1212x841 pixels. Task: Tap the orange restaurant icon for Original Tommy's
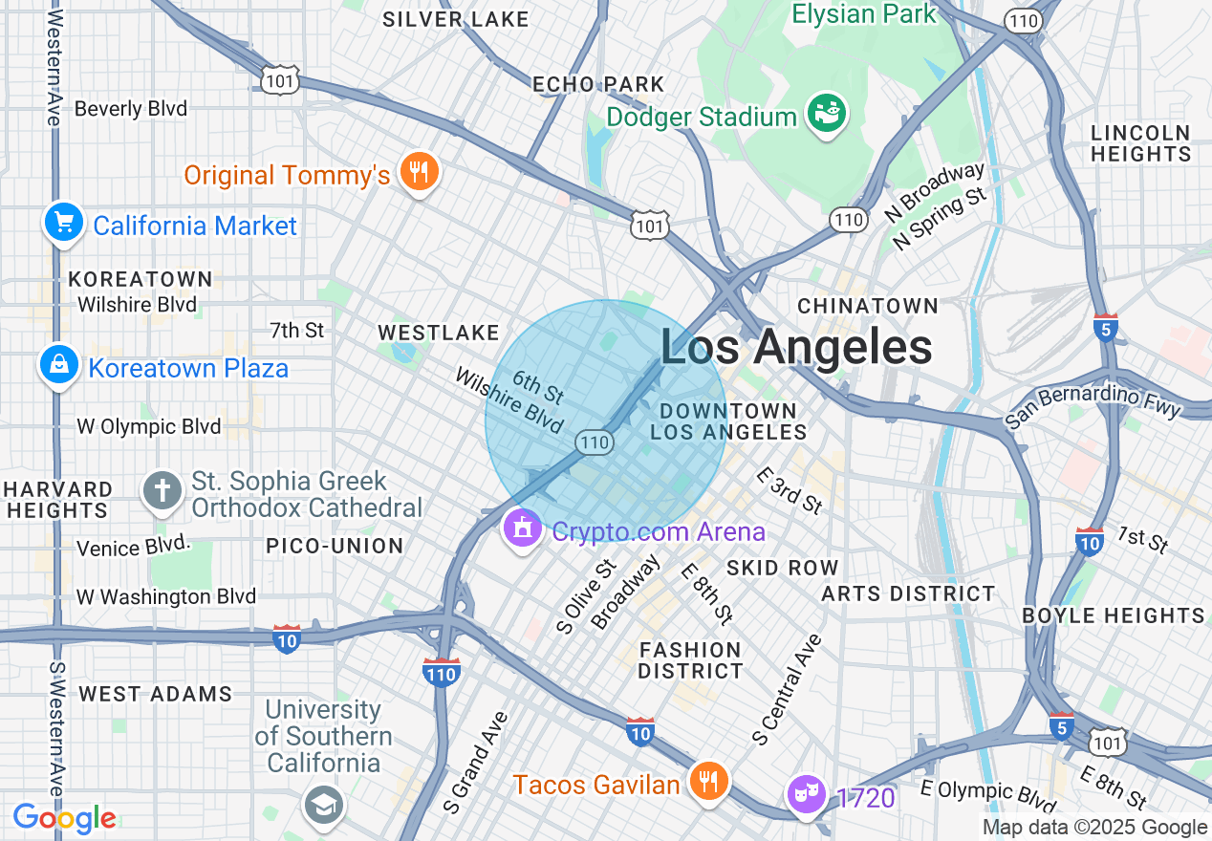(x=418, y=172)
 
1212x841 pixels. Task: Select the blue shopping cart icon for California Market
(x=64, y=223)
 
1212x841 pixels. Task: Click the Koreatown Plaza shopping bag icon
(x=59, y=365)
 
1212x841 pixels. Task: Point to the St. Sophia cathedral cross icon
(x=162, y=492)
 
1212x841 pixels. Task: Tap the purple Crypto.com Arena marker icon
(x=522, y=528)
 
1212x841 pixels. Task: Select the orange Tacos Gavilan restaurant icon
(x=707, y=782)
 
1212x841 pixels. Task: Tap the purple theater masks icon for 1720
(x=806, y=793)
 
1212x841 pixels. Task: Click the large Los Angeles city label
(x=796, y=348)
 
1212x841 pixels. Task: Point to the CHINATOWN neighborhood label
(x=868, y=306)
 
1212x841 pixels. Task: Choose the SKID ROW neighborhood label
(x=782, y=568)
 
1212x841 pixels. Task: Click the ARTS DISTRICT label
(x=908, y=593)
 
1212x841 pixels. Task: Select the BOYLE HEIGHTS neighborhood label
(x=1114, y=615)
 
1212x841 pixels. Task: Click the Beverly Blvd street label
(x=131, y=109)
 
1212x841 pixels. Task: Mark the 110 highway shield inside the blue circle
(x=594, y=442)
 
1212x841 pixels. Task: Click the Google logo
(x=64, y=818)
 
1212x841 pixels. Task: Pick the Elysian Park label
(x=864, y=14)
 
